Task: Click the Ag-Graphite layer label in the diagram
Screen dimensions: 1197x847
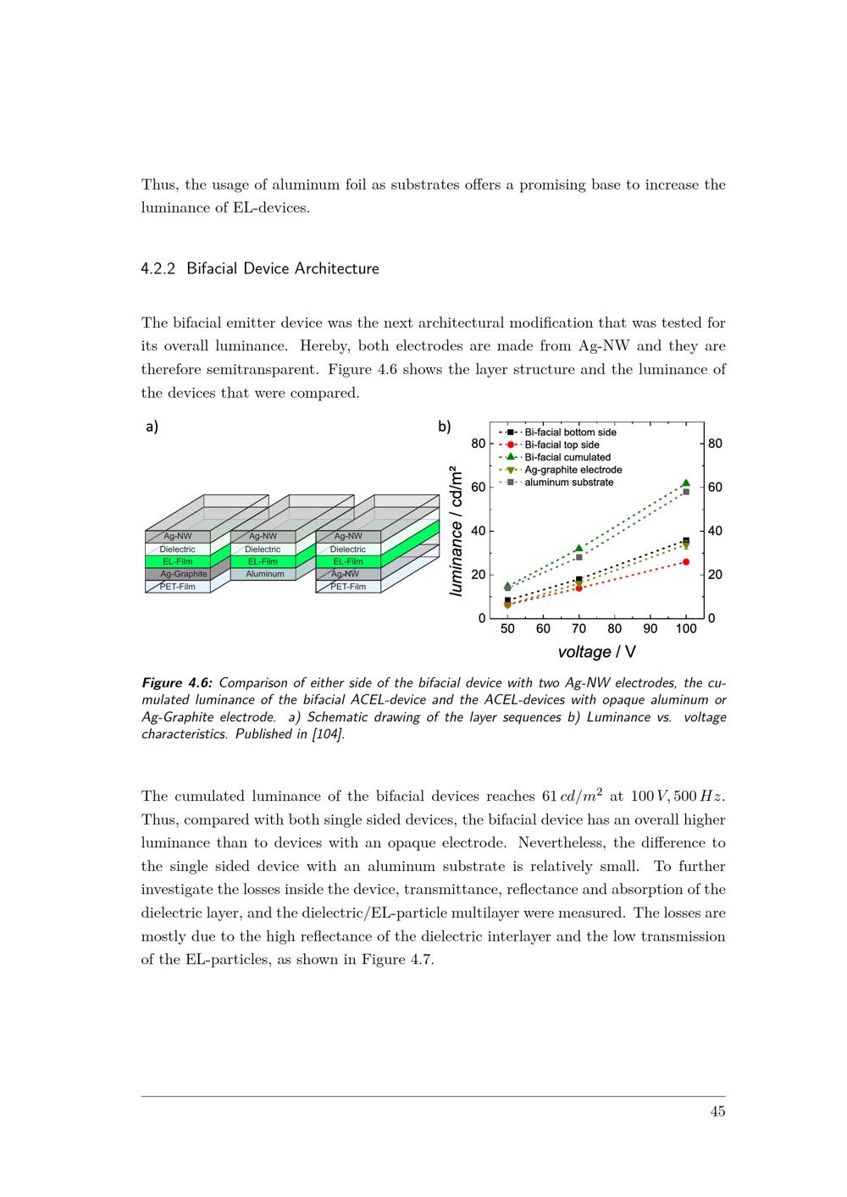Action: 184,574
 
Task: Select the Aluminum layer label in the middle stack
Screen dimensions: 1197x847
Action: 265,574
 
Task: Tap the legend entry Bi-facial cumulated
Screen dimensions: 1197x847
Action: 567,457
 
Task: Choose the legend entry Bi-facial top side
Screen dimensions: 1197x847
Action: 562,444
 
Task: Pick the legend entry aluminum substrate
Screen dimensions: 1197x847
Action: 568,483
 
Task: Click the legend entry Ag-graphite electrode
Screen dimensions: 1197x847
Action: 573,470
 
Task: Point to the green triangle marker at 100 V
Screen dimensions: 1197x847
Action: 686,483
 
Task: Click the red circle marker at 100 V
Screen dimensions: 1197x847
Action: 686,562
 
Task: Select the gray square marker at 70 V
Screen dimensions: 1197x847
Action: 579,557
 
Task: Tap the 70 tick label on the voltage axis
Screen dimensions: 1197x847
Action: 579,629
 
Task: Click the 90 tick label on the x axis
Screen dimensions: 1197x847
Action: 650,629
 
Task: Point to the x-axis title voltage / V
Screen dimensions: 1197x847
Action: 597,652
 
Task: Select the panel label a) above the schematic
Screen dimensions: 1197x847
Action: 152,427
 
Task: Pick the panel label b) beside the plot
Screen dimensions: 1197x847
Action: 445,427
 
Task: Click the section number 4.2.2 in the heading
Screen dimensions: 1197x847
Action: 158,269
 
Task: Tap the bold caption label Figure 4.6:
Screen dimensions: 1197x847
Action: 177,683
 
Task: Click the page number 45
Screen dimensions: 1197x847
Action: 717,1111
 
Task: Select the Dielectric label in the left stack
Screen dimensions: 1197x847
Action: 178,549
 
